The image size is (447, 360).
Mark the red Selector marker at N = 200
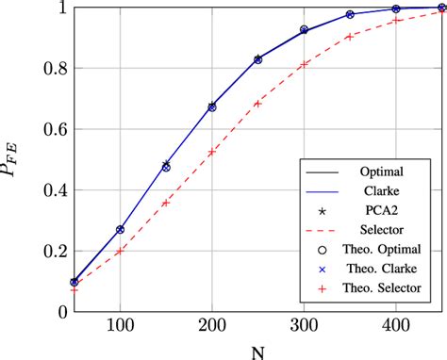212,152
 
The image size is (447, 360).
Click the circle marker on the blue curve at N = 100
120,229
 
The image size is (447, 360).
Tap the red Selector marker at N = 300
304,64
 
